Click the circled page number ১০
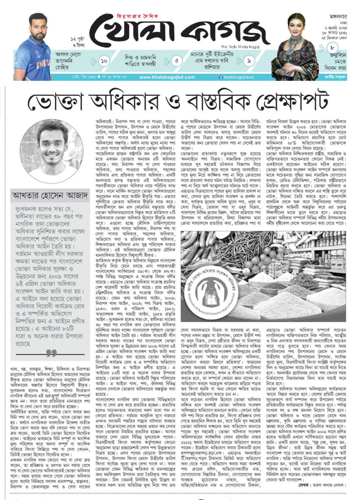(x=104, y=61)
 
